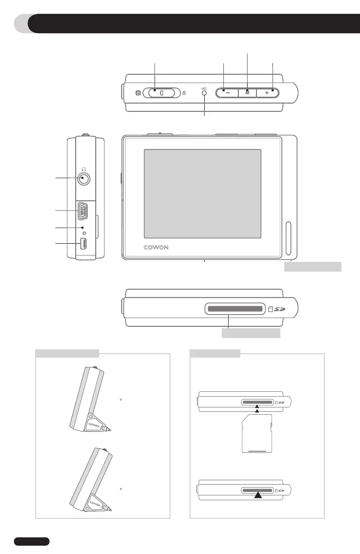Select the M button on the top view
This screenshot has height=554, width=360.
[247, 92]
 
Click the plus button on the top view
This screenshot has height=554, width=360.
[267, 92]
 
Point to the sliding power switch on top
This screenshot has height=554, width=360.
[161, 92]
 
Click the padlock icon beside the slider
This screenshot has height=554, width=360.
[183, 92]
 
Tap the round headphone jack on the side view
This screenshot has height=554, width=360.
[85, 179]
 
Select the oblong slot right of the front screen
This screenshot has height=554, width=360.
[288, 238]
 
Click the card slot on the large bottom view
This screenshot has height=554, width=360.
[234, 309]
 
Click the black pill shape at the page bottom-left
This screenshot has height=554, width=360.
[32, 541]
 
